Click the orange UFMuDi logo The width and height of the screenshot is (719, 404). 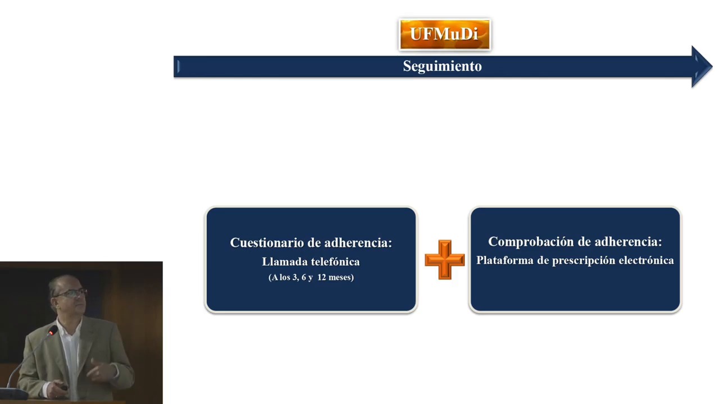[x=444, y=34]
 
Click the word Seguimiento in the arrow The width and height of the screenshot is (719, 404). [x=442, y=66]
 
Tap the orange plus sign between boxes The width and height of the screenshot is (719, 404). [x=444, y=259]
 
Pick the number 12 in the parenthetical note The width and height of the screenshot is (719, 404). [x=322, y=277]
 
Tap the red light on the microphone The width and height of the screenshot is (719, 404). [x=51, y=333]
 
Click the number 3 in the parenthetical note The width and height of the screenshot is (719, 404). [x=295, y=277]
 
